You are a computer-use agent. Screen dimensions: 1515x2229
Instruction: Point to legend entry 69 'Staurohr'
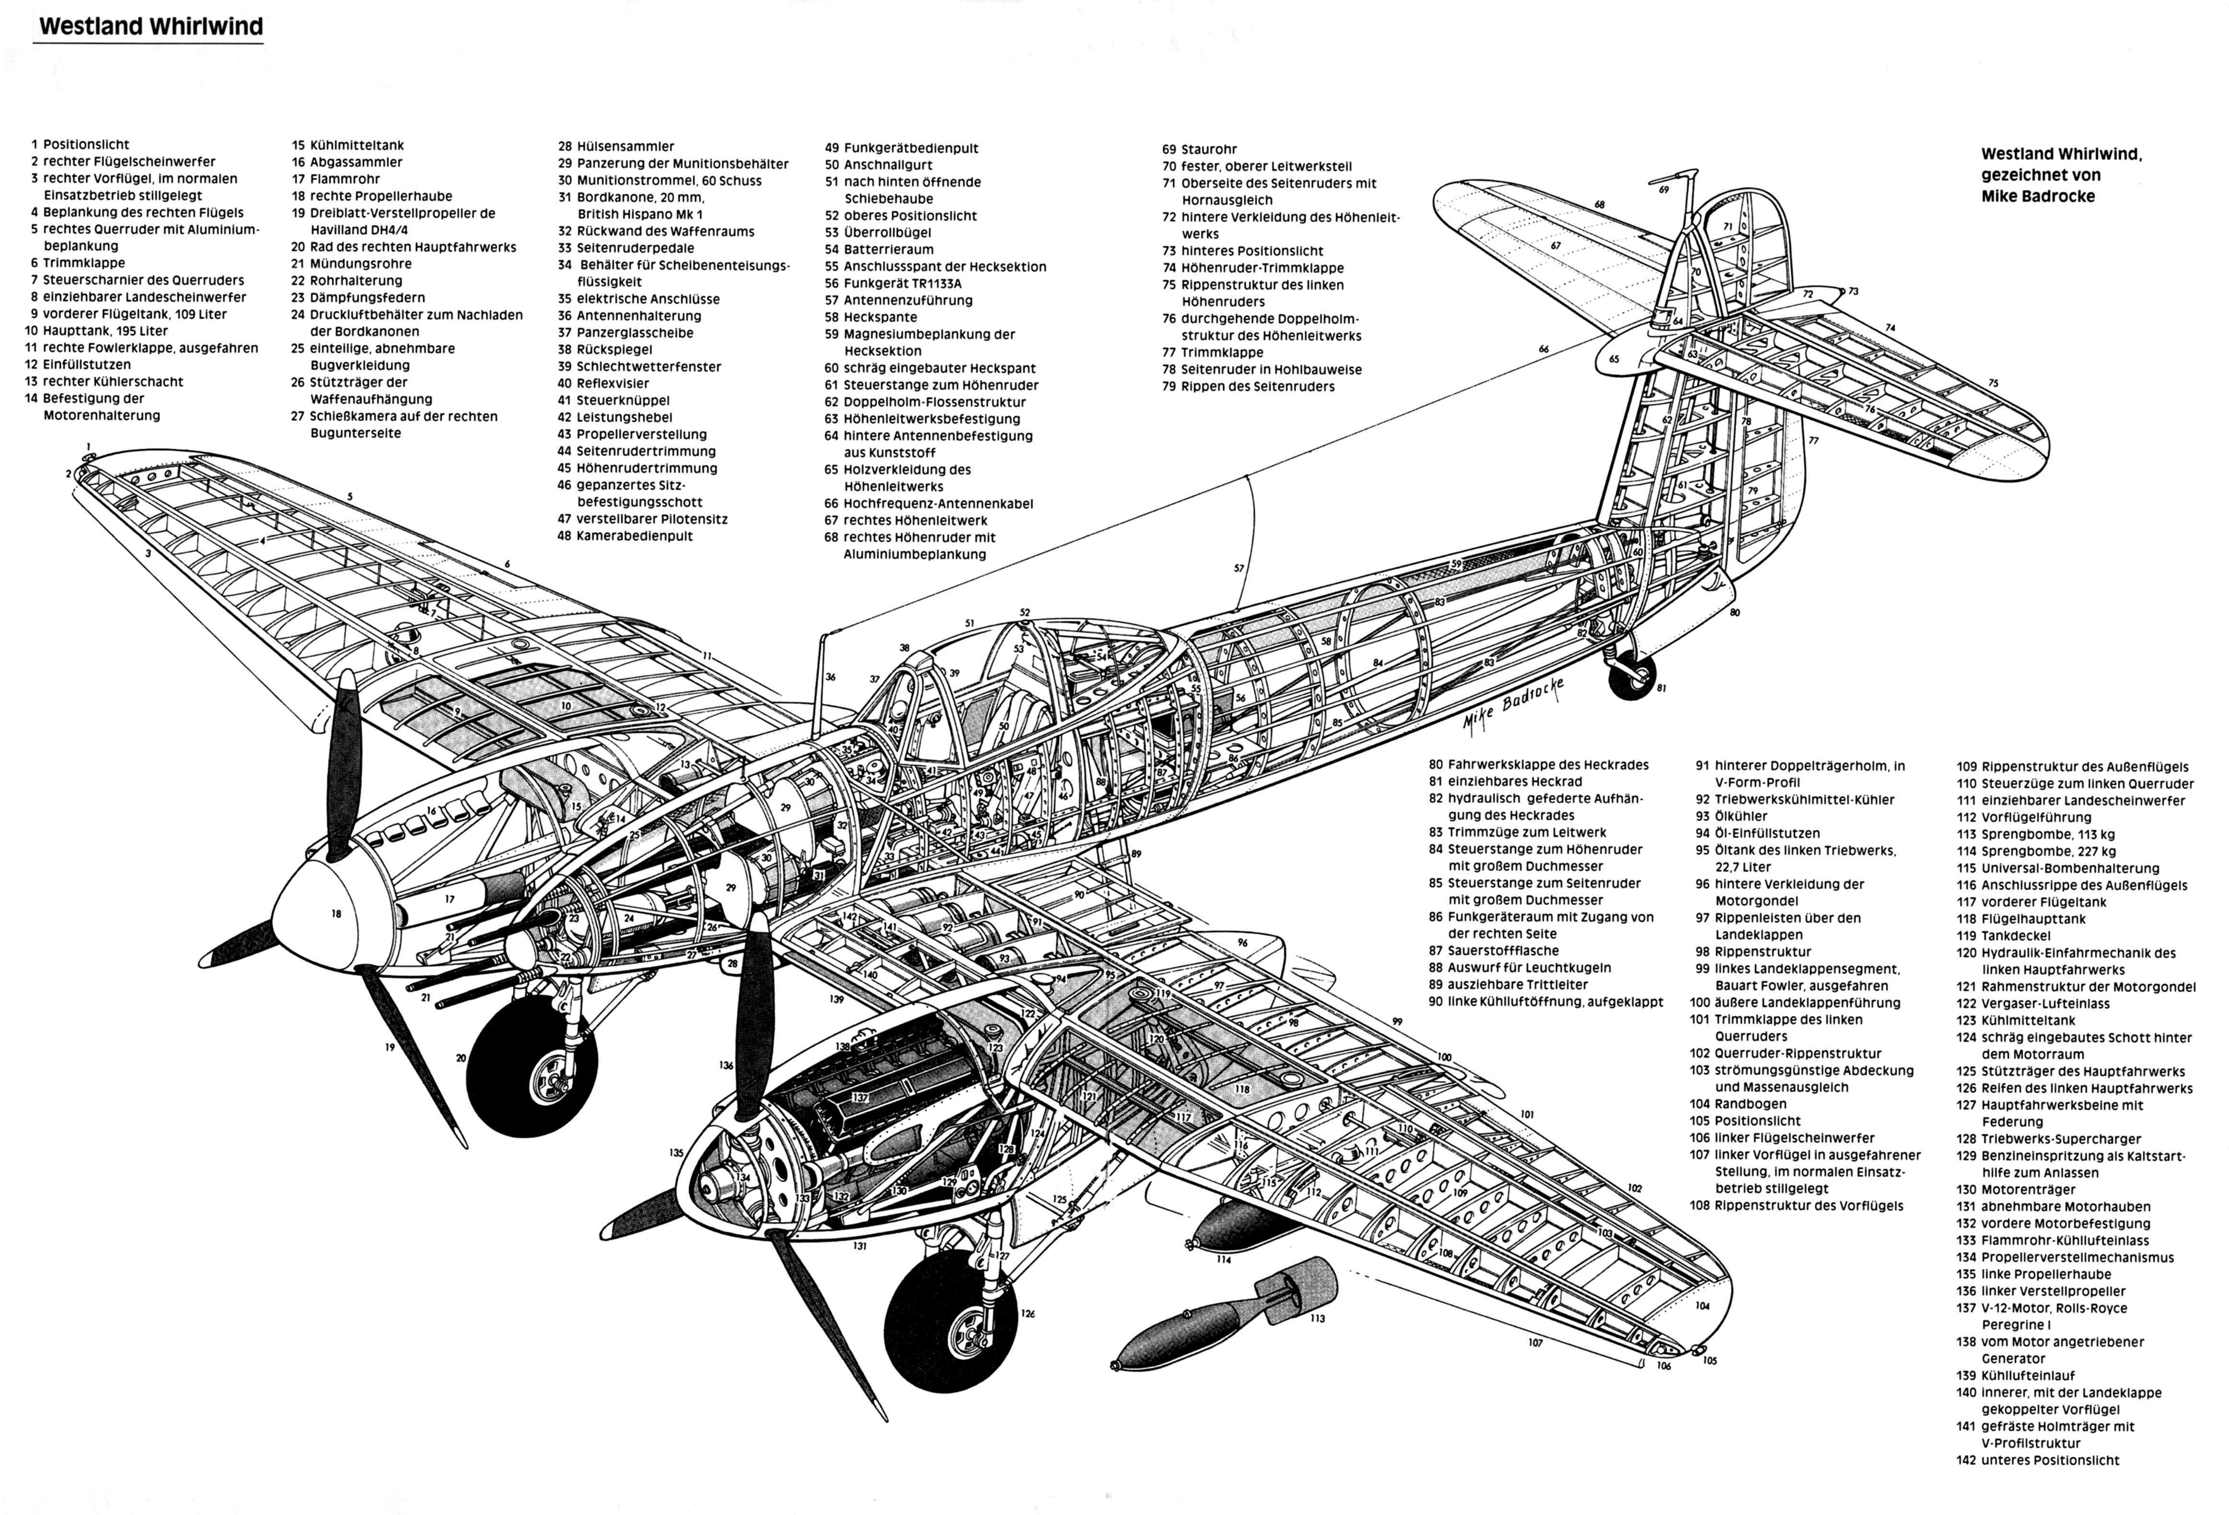[1199, 149]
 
